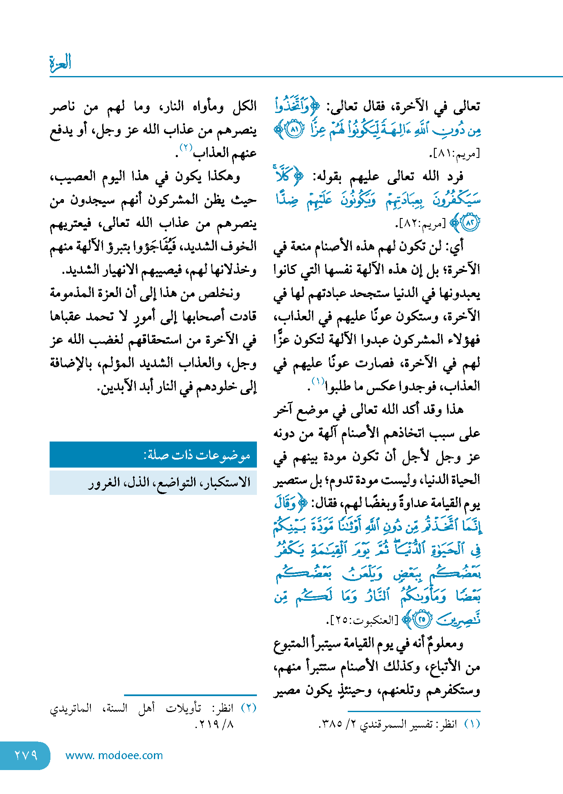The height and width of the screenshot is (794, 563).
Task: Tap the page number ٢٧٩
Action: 26,755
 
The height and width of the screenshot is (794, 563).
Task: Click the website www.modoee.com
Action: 114,755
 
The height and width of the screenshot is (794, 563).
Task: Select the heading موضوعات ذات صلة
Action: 197,455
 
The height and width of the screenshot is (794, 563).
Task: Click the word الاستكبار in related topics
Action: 229,482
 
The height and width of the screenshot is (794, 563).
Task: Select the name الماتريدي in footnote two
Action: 71,708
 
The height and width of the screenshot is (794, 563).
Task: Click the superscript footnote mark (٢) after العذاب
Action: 186,148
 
